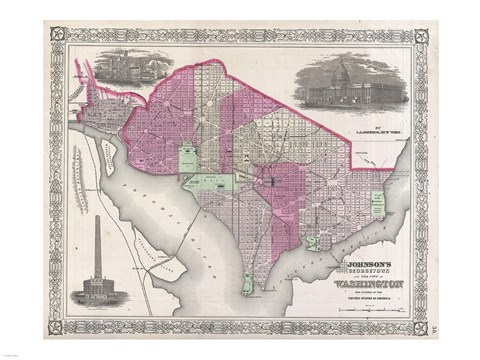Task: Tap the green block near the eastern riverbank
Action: [377, 206]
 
